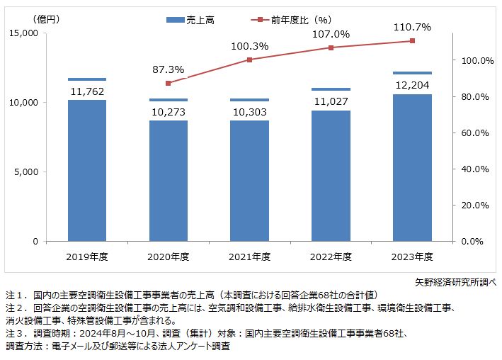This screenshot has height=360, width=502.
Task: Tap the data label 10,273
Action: click(x=168, y=111)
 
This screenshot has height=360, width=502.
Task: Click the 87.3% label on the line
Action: click(x=168, y=69)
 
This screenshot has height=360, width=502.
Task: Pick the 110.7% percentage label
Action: click(x=412, y=27)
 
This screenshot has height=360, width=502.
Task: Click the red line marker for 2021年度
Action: click(x=249, y=60)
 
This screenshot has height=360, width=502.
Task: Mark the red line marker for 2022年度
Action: click(x=331, y=47)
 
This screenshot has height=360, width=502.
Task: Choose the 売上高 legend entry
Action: click(x=191, y=21)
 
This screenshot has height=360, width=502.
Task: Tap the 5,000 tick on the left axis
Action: click(x=26, y=171)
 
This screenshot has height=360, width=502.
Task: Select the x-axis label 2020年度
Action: click(x=168, y=256)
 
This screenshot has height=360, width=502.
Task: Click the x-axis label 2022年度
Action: click(x=331, y=256)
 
